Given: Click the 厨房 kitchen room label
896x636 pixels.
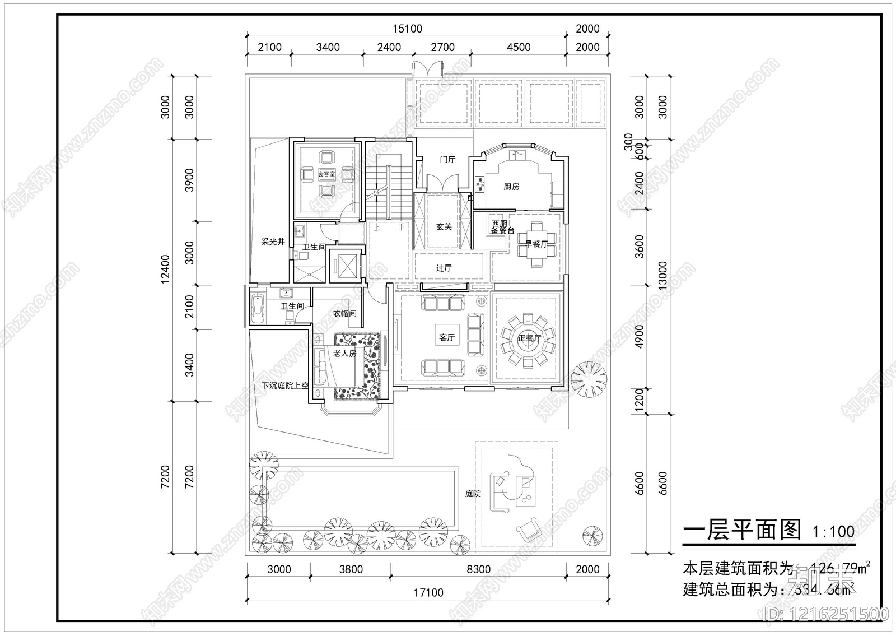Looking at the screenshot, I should coord(511,187).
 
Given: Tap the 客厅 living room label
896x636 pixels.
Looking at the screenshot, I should coord(446,337).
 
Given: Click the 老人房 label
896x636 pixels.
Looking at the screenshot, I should coord(345,353).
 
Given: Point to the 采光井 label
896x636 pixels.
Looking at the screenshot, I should coord(273,242).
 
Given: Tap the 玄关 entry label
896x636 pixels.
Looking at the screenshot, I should coord(444,227).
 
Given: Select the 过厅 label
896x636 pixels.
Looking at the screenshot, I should coord(444,268).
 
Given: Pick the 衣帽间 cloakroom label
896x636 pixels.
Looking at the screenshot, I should coord(344,314).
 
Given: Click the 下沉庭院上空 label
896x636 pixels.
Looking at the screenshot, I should coord(285,386).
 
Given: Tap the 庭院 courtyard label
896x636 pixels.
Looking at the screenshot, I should coord(473,494).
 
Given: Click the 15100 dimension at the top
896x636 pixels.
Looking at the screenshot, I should coord(407,29).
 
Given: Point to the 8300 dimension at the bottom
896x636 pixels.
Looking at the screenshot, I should coord(478,569).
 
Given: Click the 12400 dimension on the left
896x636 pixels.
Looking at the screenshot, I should coord(165,269).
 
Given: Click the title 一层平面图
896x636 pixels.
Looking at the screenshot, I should coord(743,530).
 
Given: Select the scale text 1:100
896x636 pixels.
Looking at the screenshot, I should coord(833,532).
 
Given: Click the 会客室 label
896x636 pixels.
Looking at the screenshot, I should coord(326,174).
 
